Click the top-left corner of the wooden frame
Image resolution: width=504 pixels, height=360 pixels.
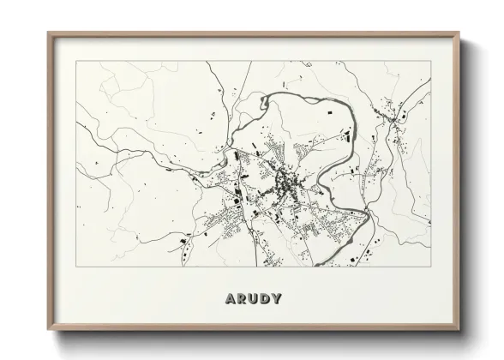(x=48, y=33)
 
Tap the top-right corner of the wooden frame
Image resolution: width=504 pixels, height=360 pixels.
(x=459, y=33)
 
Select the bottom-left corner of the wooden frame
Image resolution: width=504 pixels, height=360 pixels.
(x=48, y=331)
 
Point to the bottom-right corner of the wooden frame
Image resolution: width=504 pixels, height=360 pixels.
(x=459, y=331)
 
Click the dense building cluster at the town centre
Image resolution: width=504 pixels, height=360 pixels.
(x=283, y=182)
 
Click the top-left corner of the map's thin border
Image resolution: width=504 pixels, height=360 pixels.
(x=76, y=62)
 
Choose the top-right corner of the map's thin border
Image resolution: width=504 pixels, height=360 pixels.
(x=432, y=62)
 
